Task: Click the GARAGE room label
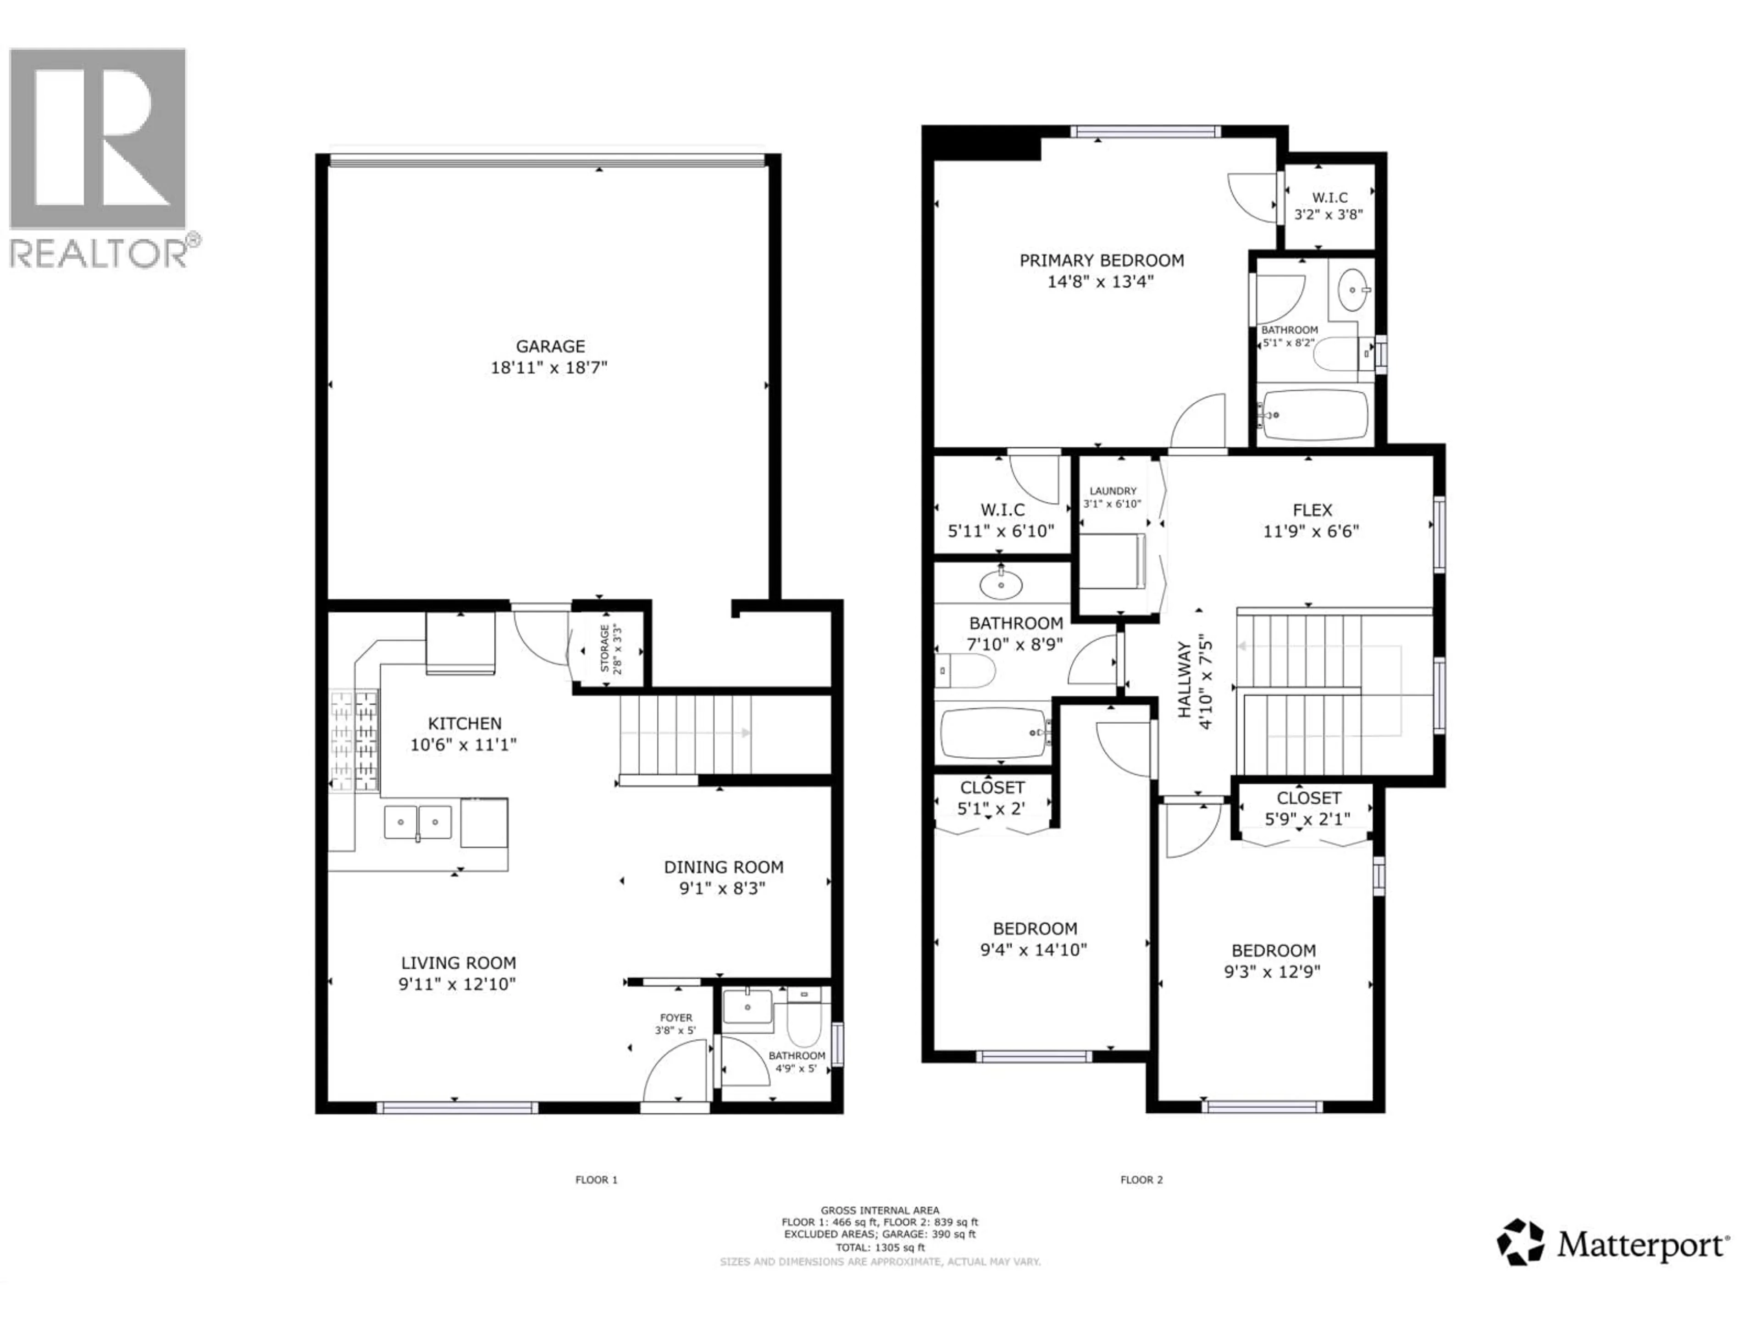coord(550,346)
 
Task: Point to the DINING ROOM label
coord(724,867)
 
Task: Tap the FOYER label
coord(676,1018)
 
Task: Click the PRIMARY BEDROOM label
coord(1101,261)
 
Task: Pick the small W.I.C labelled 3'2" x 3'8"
coord(1329,205)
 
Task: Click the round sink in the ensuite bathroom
coord(1352,290)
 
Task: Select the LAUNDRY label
coord(1113,491)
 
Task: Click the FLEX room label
coord(1312,511)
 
